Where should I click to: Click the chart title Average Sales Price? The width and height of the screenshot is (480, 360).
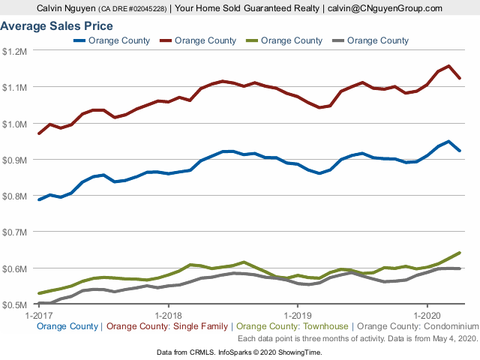[x=57, y=26]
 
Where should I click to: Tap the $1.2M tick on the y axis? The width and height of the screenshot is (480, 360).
[x=15, y=51]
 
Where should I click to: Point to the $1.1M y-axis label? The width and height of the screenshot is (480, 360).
[x=15, y=87]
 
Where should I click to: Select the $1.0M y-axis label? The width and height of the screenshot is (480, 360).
[x=15, y=124]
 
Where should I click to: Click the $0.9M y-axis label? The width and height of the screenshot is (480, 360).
[x=15, y=160]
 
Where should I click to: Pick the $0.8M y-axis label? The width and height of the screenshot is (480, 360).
[x=15, y=196]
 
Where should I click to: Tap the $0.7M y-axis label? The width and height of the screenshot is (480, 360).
[x=15, y=232]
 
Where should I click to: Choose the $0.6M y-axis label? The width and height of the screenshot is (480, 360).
[x=15, y=268]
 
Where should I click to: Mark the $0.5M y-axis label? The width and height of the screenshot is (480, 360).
[x=15, y=304]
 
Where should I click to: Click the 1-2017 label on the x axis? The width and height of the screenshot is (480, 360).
[x=38, y=315]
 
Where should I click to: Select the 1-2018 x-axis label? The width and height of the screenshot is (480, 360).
[x=168, y=315]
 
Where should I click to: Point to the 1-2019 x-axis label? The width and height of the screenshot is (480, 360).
[x=298, y=315]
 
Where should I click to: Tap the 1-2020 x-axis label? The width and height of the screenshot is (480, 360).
[x=427, y=315]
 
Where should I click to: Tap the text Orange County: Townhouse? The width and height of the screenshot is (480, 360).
[x=293, y=326]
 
